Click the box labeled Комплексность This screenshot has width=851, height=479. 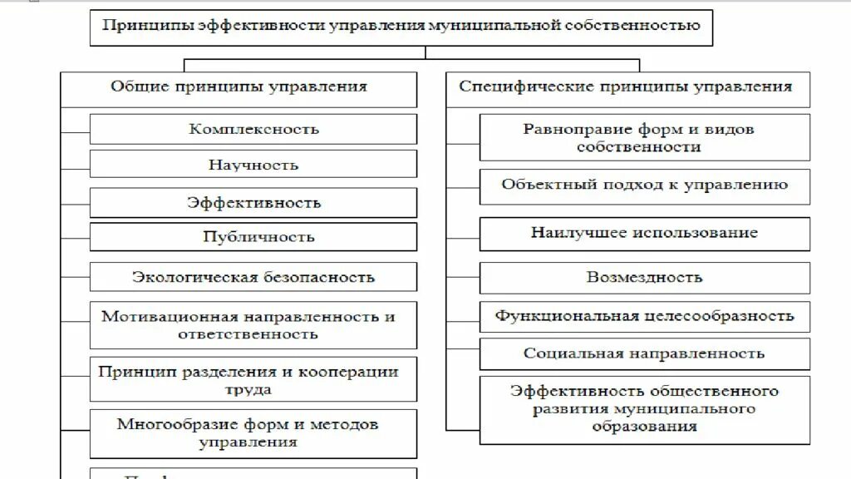[253, 129]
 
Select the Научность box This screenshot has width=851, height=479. [253, 165]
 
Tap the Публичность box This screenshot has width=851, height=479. [253, 236]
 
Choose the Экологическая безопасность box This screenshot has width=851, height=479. [253, 277]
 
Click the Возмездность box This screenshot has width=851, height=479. [645, 277]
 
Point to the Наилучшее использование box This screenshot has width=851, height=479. [645, 233]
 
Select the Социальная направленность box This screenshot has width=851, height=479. [645, 353]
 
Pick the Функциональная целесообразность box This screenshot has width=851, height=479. [645, 316]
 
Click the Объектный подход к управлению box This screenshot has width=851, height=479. [645, 185]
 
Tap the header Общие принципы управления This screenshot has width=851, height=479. [239, 86]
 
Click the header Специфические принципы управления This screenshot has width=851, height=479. [627, 86]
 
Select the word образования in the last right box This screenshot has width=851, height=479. [645, 427]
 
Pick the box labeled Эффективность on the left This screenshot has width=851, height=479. [253, 202]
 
